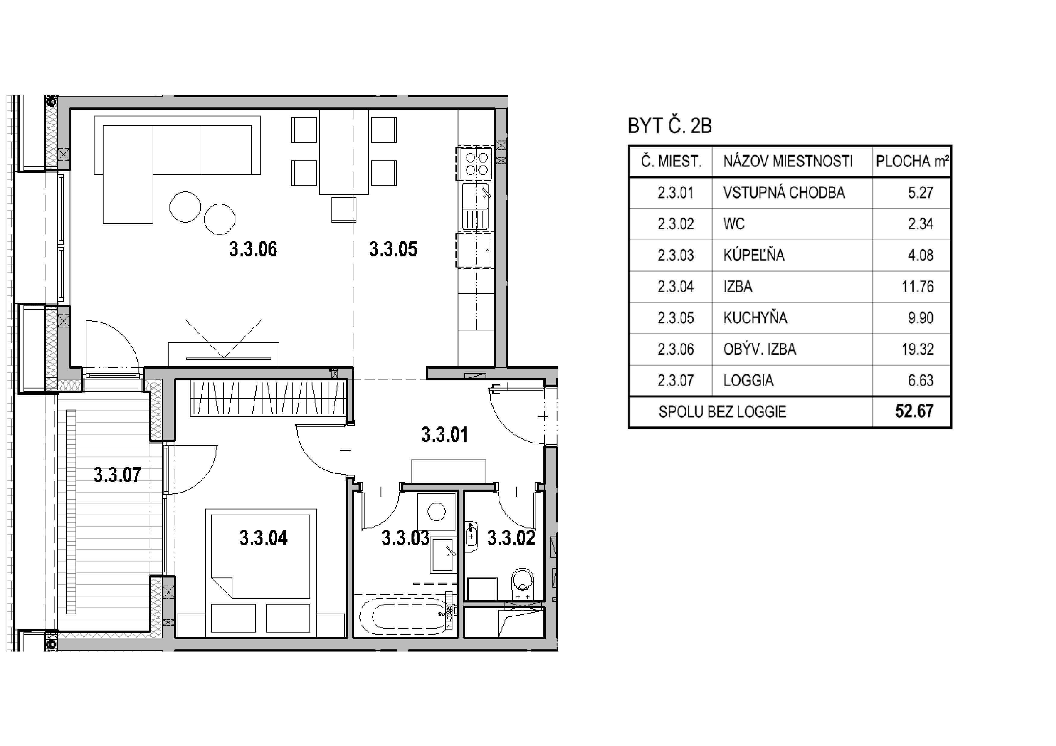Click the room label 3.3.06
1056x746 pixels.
[x=253, y=249]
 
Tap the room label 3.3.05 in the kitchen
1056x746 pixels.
[x=393, y=249]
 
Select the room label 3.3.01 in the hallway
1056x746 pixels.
[x=445, y=435]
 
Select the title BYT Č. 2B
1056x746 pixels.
[x=670, y=126]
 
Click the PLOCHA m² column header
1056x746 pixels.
[x=912, y=161]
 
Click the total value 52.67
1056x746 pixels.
[x=914, y=411]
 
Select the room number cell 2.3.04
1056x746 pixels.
[x=676, y=287]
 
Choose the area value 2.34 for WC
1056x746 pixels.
[x=920, y=224]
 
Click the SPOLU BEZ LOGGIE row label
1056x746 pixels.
[x=722, y=412]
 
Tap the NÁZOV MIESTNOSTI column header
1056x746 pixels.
[x=788, y=161]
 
